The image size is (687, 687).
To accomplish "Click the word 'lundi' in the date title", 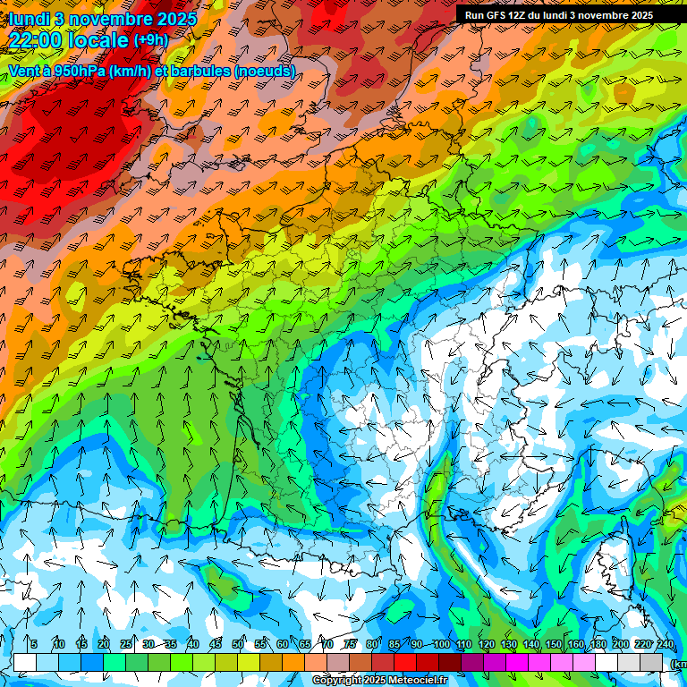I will pyautogui.click(x=29, y=19).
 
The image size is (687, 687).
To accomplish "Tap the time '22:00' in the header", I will pyautogui.click(x=36, y=40).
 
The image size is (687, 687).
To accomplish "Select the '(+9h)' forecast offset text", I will pyautogui.click(x=149, y=40).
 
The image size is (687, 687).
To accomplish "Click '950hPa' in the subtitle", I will pyautogui.click(x=78, y=70).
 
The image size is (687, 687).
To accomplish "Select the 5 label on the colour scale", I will pyautogui.click(x=34, y=645).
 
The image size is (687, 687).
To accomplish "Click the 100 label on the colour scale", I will pyautogui.click(x=441, y=645).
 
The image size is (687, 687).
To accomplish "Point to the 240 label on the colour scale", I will pyautogui.click(x=665, y=645).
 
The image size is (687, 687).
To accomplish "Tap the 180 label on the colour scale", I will pyautogui.click(x=598, y=645).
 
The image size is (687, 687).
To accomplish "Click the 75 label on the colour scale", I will pyautogui.click(x=351, y=645).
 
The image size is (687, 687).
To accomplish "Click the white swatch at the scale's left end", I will pyautogui.click(x=25, y=662).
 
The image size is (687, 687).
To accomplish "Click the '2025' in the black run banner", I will pyautogui.click(x=637, y=15).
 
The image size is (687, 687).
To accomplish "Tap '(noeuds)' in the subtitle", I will pyautogui.click(x=264, y=70).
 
